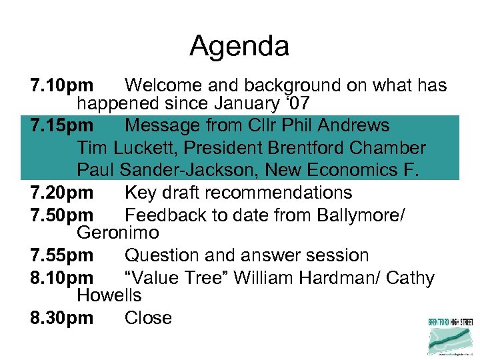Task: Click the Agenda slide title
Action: coord(239,47)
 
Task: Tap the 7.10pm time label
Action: coord(62,86)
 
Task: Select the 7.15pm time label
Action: coord(62,125)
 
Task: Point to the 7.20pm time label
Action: coord(62,193)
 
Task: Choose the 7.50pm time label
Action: coord(62,215)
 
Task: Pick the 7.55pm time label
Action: coord(62,255)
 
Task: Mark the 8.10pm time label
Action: coord(62,278)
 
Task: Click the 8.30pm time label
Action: coord(62,318)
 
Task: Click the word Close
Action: coord(148,318)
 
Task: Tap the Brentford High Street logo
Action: coord(451,336)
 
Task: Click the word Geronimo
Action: coord(118,233)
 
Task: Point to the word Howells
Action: coord(109,295)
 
